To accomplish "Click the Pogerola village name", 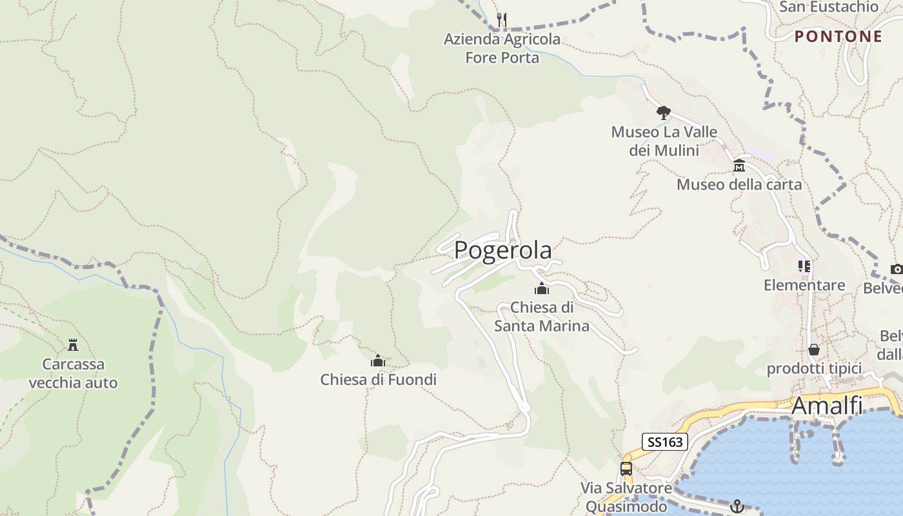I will (503, 250).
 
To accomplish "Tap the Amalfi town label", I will (826, 405).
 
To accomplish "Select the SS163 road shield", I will (665, 442).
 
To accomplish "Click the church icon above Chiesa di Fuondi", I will (378, 361).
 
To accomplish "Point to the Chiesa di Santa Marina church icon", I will (542, 288).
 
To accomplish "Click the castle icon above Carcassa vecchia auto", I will (73, 345).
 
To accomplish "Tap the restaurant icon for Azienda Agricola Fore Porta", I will (502, 20).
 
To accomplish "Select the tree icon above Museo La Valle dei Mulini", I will (663, 114).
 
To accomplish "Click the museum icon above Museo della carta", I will (739, 166).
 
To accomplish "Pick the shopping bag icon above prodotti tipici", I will (814, 350).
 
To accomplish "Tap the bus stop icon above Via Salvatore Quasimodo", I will (626, 469).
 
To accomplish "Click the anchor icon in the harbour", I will (737, 506).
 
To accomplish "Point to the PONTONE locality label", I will (838, 36).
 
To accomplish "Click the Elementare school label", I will (804, 285).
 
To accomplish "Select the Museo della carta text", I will (739, 184).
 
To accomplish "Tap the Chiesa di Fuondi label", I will (378, 379).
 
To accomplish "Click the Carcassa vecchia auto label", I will (73, 373).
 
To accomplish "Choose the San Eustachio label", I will (829, 7).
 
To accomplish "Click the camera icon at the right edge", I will (897, 269).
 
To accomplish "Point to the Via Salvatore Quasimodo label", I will (626, 497).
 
